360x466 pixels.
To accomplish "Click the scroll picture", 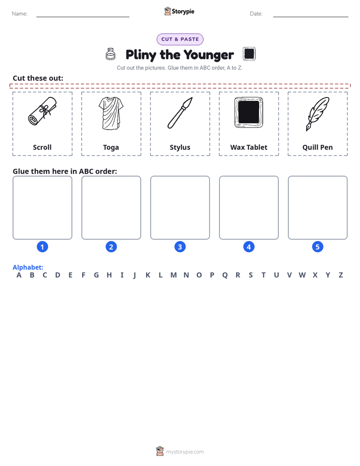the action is [42, 111].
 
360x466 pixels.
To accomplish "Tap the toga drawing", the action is [111, 113].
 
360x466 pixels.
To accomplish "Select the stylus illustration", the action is [180, 112].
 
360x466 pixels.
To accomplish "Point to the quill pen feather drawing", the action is [318, 113].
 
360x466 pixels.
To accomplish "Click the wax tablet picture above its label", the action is [249, 112].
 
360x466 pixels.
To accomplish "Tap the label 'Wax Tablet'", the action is [249, 147].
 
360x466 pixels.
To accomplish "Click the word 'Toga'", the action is [111, 148].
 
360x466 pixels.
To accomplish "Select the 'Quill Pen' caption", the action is [318, 147].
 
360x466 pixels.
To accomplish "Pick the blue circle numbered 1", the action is [42, 247].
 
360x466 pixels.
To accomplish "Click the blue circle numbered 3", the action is [180, 247].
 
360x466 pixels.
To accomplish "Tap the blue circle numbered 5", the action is [318, 247].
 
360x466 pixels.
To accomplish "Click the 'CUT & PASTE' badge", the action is [180, 39].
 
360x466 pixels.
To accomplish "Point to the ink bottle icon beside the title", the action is [110, 54].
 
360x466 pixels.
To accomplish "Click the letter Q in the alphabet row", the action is [225, 275].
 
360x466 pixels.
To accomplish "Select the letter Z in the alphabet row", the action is [341, 275].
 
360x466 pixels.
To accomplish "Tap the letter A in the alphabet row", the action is [19, 275].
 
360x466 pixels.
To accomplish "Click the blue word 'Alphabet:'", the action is [28, 267].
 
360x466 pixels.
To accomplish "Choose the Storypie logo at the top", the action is [179, 11].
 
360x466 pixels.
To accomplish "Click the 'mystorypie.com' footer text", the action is [185, 452].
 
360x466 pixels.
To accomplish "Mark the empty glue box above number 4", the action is [249, 207].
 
